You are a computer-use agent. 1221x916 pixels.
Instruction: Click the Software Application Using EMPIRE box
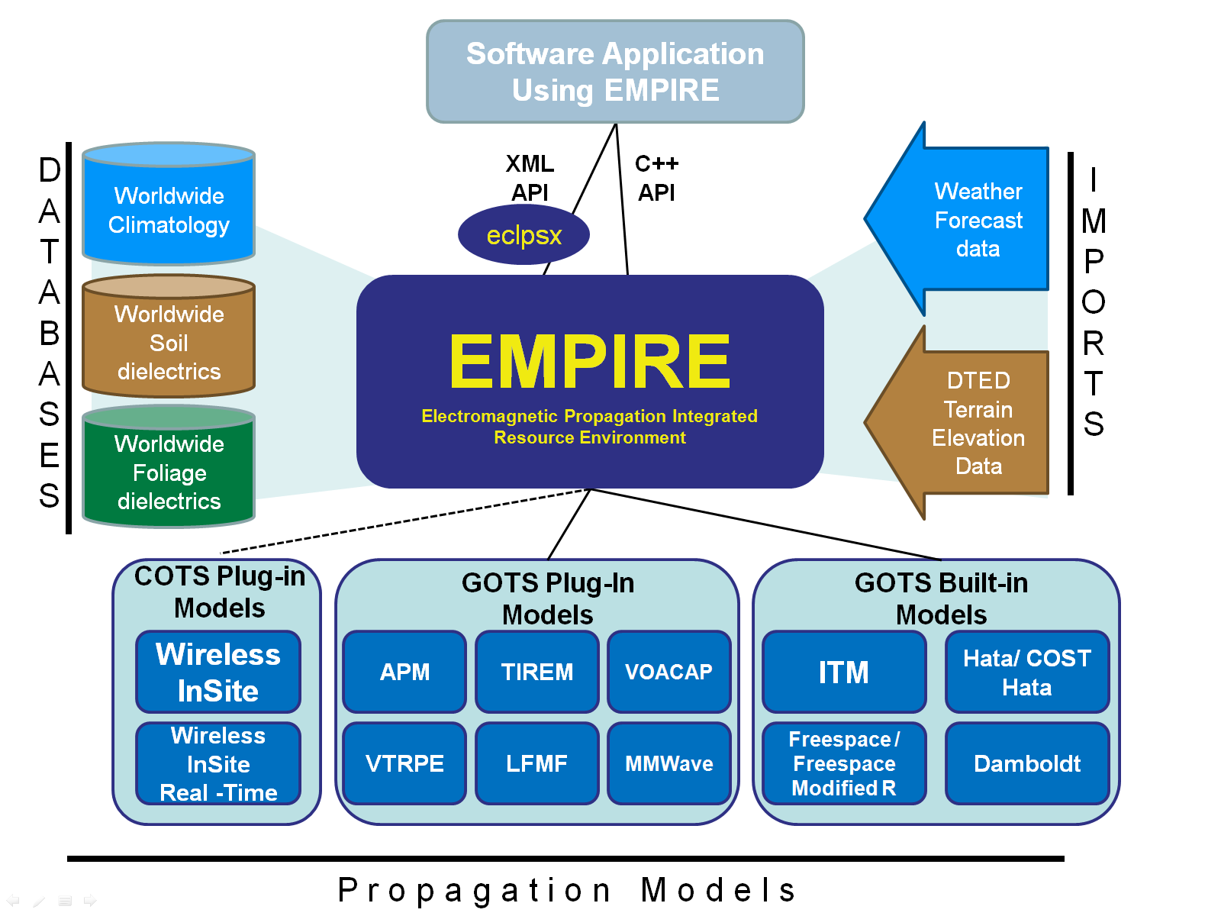(x=615, y=72)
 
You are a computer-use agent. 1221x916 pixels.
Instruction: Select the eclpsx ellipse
(x=524, y=235)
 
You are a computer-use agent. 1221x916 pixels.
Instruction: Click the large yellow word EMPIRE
(x=589, y=362)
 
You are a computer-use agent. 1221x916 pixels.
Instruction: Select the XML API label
(x=530, y=178)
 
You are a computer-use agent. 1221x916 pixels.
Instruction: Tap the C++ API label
(x=656, y=178)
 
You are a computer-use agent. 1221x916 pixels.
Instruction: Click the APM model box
(x=404, y=672)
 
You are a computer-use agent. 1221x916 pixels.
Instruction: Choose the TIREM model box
(x=536, y=672)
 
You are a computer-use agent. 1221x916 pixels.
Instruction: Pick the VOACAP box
(x=668, y=672)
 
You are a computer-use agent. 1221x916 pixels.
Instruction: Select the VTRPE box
(x=404, y=763)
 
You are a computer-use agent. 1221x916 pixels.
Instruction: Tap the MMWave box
(x=668, y=763)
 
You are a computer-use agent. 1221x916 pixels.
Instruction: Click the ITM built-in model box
(x=844, y=672)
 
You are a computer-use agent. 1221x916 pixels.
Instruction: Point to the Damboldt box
(x=1027, y=763)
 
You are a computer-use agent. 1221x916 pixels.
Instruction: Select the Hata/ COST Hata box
(x=1027, y=672)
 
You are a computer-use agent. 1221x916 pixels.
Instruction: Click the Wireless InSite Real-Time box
(x=218, y=763)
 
